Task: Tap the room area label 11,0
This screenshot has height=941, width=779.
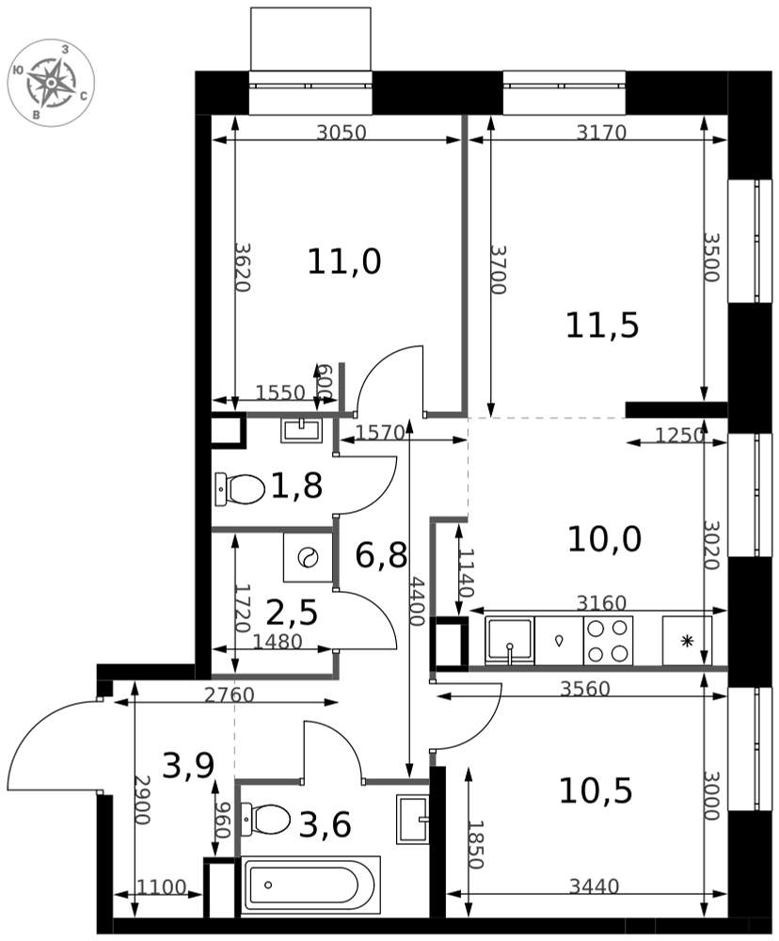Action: (x=344, y=262)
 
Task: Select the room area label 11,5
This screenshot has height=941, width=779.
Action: (x=602, y=325)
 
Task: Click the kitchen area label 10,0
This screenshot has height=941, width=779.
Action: (x=604, y=538)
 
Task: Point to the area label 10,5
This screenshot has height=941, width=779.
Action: (x=596, y=791)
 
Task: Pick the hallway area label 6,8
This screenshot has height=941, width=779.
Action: (x=381, y=555)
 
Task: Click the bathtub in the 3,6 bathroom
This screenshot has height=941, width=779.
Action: (x=310, y=885)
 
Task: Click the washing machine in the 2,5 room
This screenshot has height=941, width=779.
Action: (x=307, y=558)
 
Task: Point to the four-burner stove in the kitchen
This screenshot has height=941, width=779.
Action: (x=608, y=641)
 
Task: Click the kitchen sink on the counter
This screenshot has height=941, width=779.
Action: (x=509, y=641)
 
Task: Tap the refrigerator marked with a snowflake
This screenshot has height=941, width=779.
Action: (x=687, y=641)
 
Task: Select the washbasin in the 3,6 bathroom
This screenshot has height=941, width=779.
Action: (x=412, y=814)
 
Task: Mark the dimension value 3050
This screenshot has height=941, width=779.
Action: (x=341, y=133)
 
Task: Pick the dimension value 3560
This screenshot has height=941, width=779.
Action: (x=585, y=689)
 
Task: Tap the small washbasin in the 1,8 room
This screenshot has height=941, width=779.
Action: (x=301, y=430)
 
